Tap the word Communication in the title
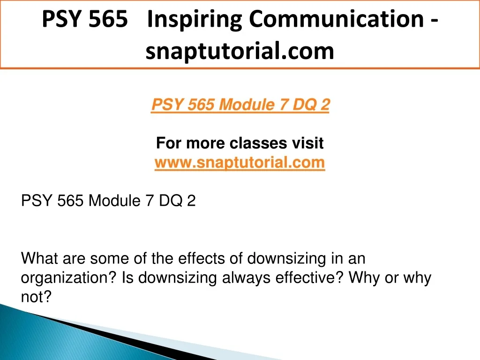[336, 19]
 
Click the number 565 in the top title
[108, 19]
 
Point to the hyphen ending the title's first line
[435, 21]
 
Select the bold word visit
[307, 143]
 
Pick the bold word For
[169, 143]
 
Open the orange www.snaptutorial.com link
[240, 162]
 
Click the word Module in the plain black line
[114, 201]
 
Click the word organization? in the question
[69, 278]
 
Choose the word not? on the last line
[36, 297]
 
